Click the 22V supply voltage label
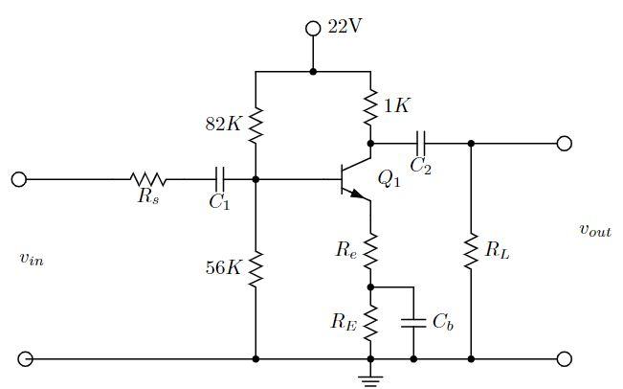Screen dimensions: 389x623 [345, 27]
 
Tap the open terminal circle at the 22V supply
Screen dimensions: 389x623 [313, 29]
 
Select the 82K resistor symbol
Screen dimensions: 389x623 [256, 124]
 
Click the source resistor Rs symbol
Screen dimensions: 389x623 [148, 179]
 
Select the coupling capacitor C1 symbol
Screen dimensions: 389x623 [220, 179]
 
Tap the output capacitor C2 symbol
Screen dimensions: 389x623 [420, 144]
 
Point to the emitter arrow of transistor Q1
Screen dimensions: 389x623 [357, 194]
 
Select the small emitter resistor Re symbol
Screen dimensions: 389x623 [370, 250]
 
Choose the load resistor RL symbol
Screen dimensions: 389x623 [471, 251]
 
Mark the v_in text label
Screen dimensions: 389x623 [31, 258]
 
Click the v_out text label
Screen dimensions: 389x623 [594, 230]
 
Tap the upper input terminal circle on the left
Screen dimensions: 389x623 [18, 179]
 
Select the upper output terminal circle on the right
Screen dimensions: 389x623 [565, 144]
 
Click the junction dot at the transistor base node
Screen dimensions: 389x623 [256, 179]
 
